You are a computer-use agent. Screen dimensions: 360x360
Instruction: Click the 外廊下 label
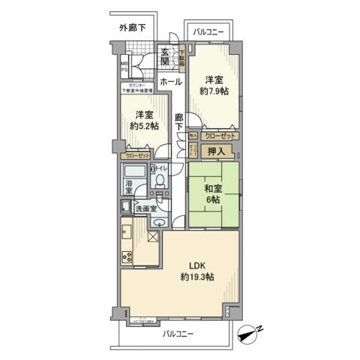click(x=133, y=28)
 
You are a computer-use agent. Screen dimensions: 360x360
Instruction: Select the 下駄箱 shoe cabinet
click(x=181, y=58)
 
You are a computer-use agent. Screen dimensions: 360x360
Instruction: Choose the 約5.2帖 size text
click(x=145, y=126)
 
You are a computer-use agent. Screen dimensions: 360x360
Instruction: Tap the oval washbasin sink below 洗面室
click(x=160, y=223)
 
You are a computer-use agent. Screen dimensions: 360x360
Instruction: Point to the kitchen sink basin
click(x=127, y=234)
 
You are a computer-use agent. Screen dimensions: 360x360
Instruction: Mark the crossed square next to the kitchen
click(x=152, y=237)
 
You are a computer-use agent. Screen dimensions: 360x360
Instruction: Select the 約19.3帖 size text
click(x=197, y=277)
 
